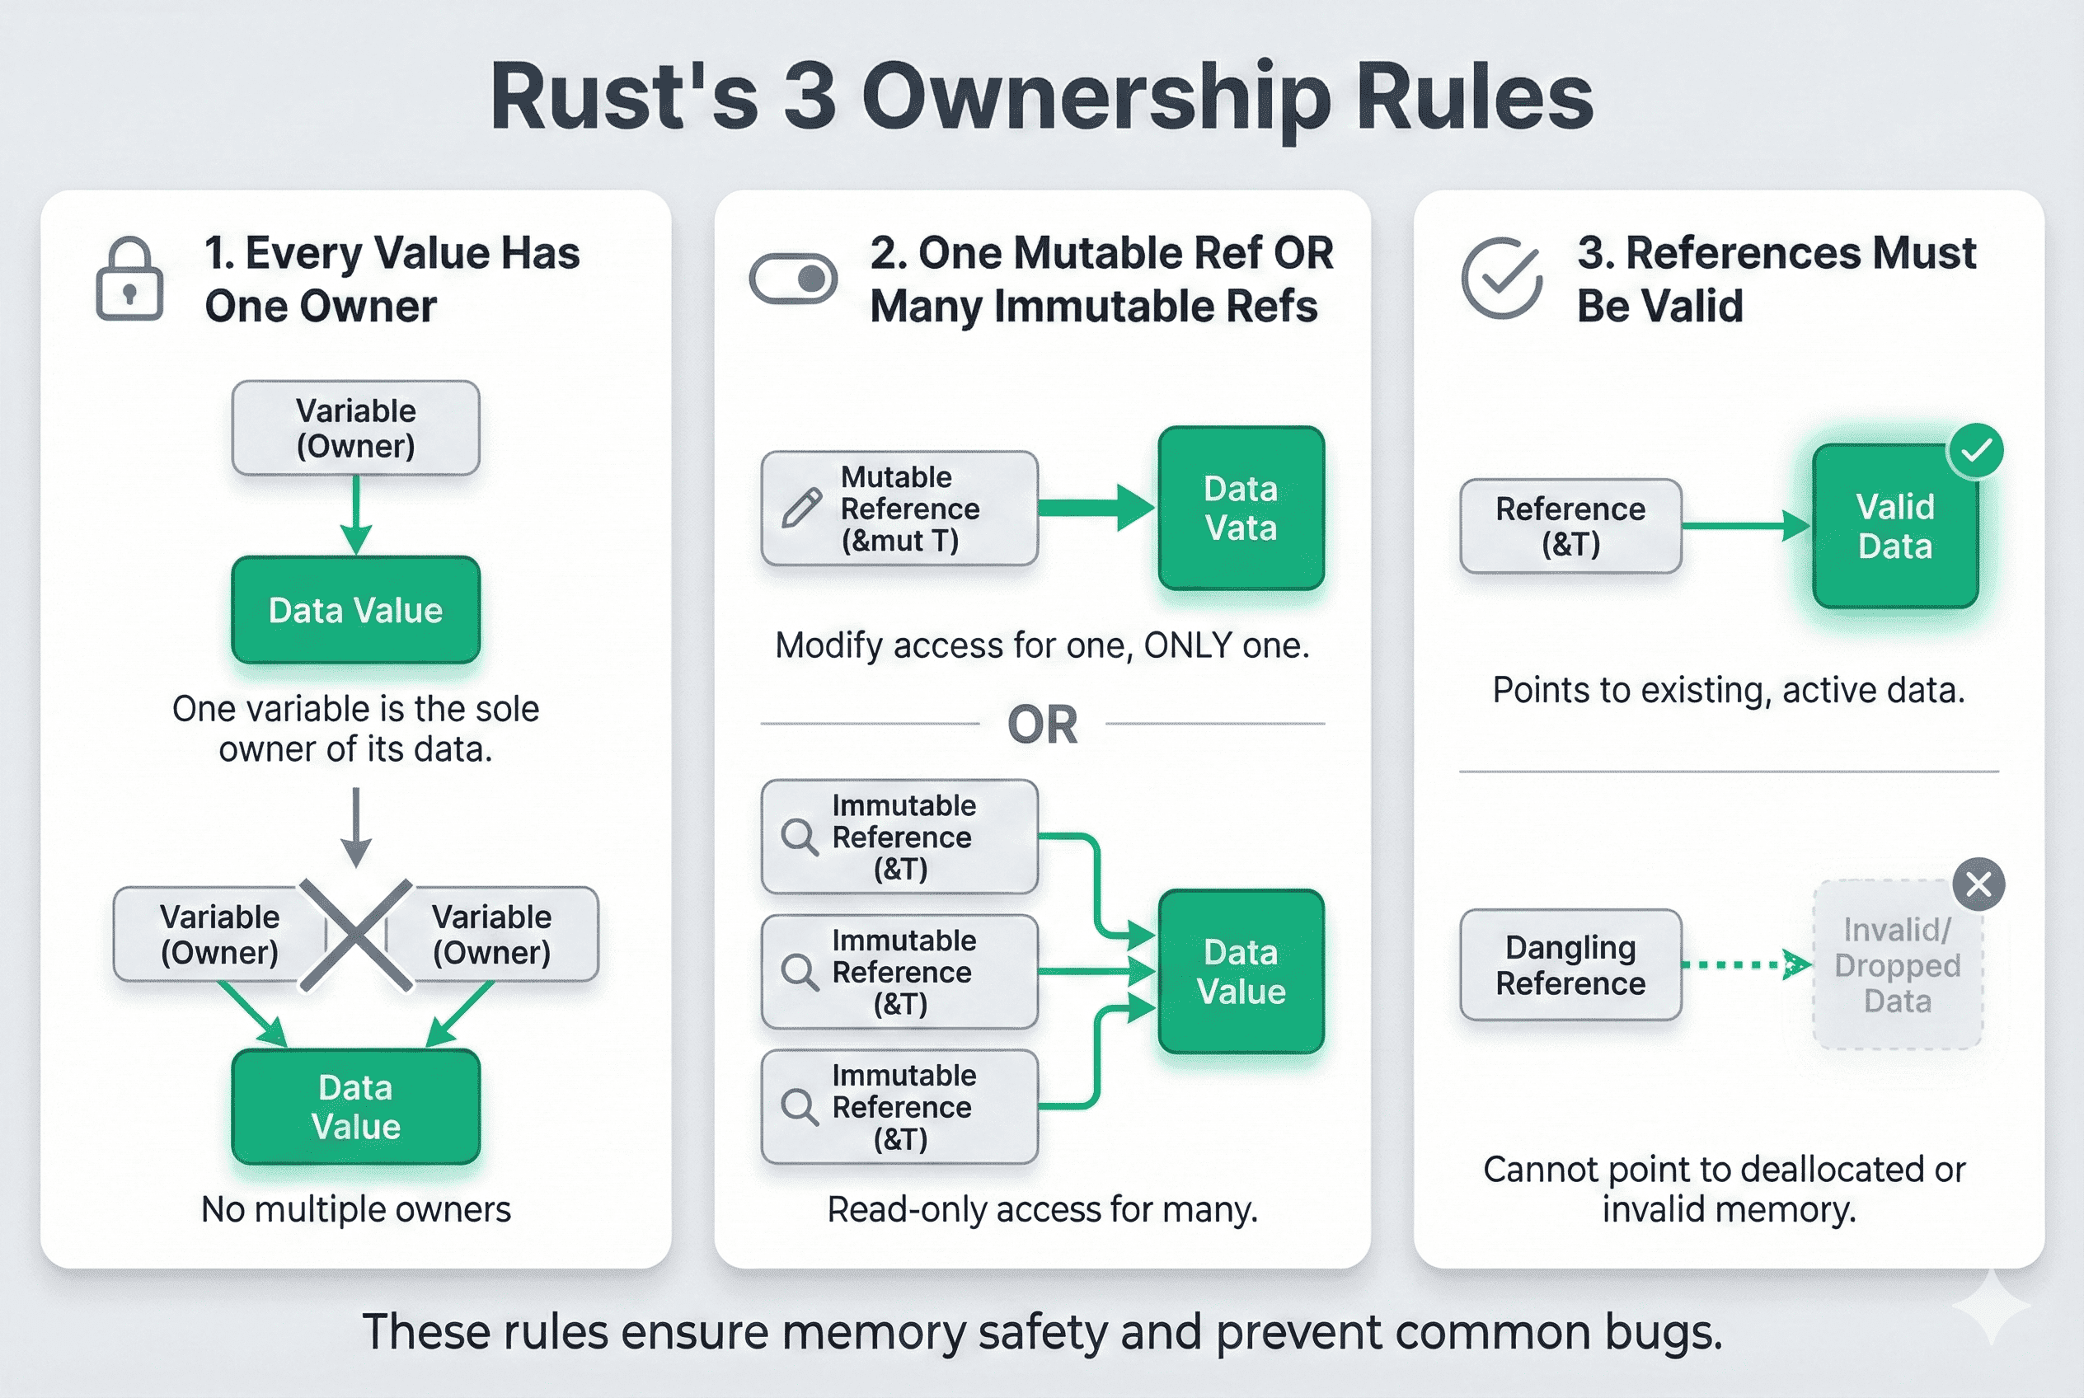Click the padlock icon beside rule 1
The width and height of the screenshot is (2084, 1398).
(129, 279)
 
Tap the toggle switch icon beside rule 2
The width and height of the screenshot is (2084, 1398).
(793, 279)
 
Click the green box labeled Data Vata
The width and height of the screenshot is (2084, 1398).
(1241, 509)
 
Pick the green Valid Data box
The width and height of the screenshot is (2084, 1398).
(1895, 527)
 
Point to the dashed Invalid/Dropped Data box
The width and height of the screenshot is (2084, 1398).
(1897, 965)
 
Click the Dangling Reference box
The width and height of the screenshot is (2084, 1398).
(1570, 965)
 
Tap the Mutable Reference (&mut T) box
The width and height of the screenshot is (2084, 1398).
(899, 509)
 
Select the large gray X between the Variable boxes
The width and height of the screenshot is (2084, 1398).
(356, 936)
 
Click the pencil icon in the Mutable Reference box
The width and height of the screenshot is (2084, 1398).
(801, 509)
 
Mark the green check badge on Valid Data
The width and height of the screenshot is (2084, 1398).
(1976, 451)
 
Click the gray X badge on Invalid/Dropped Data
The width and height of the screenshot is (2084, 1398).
(1978, 884)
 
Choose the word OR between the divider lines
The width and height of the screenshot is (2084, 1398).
(1041, 725)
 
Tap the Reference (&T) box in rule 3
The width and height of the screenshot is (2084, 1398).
(1570, 527)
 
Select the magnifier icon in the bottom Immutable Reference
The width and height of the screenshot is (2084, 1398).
(799, 1107)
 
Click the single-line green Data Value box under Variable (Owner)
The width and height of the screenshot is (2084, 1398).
(356, 611)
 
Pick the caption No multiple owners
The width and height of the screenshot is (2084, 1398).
(356, 1210)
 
